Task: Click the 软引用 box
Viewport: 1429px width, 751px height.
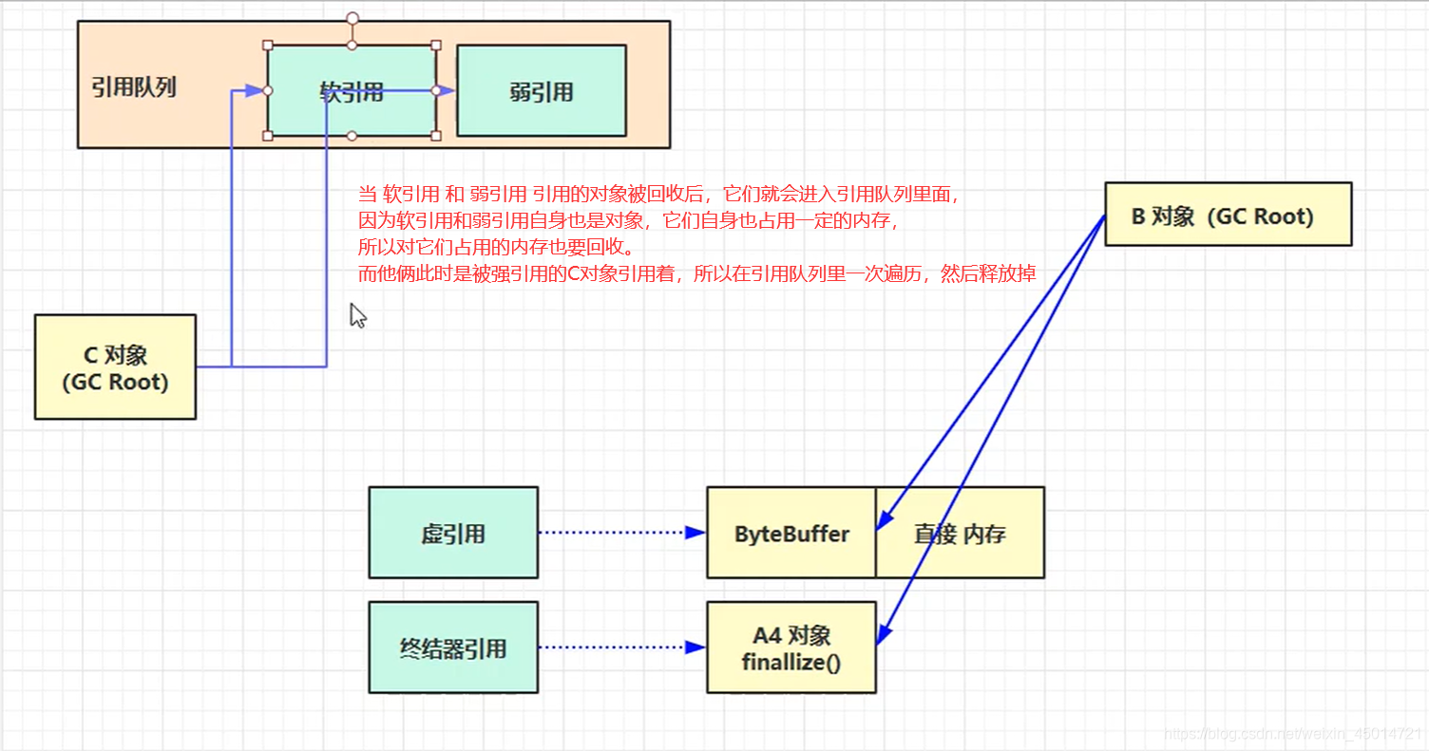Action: click(x=352, y=91)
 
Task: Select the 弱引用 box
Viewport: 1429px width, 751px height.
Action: click(x=541, y=91)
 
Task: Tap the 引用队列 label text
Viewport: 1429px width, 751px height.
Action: click(x=134, y=88)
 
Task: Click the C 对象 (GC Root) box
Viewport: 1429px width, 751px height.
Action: click(x=115, y=367)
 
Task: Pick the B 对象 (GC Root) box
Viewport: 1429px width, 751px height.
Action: click(x=1228, y=215)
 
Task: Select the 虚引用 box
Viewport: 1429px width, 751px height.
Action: click(x=453, y=533)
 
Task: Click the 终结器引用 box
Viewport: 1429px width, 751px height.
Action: click(x=453, y=648)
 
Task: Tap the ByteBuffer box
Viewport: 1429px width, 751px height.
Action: click(x=791, y=533)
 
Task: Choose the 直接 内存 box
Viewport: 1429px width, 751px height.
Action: click(x=960, y=533)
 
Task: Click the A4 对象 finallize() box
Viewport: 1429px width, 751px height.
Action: click(x=791, y=648)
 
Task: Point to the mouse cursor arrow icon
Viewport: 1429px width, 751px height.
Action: click(x=357, y=315)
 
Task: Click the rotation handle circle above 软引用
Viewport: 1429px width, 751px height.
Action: click(x=352, y=18)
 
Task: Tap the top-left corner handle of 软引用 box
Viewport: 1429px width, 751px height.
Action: click(x=268, y=45)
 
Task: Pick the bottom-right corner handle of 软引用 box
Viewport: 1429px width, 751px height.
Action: click(x=436, y=136)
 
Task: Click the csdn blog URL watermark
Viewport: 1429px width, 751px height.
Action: click(x=1292, y=734)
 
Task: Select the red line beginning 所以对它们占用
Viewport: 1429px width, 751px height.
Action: click(x=495, y=248)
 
